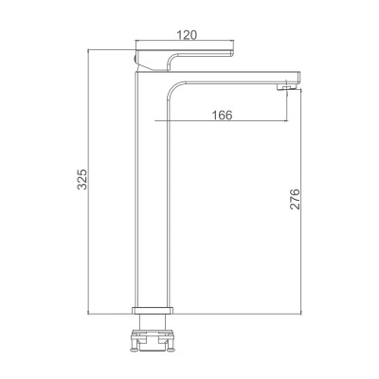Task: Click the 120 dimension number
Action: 186,35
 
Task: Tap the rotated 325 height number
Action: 81,179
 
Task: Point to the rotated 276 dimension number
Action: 295,199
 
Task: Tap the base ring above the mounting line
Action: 154,309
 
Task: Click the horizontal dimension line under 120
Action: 186,43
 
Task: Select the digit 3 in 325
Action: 81,188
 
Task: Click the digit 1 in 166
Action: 215,115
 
